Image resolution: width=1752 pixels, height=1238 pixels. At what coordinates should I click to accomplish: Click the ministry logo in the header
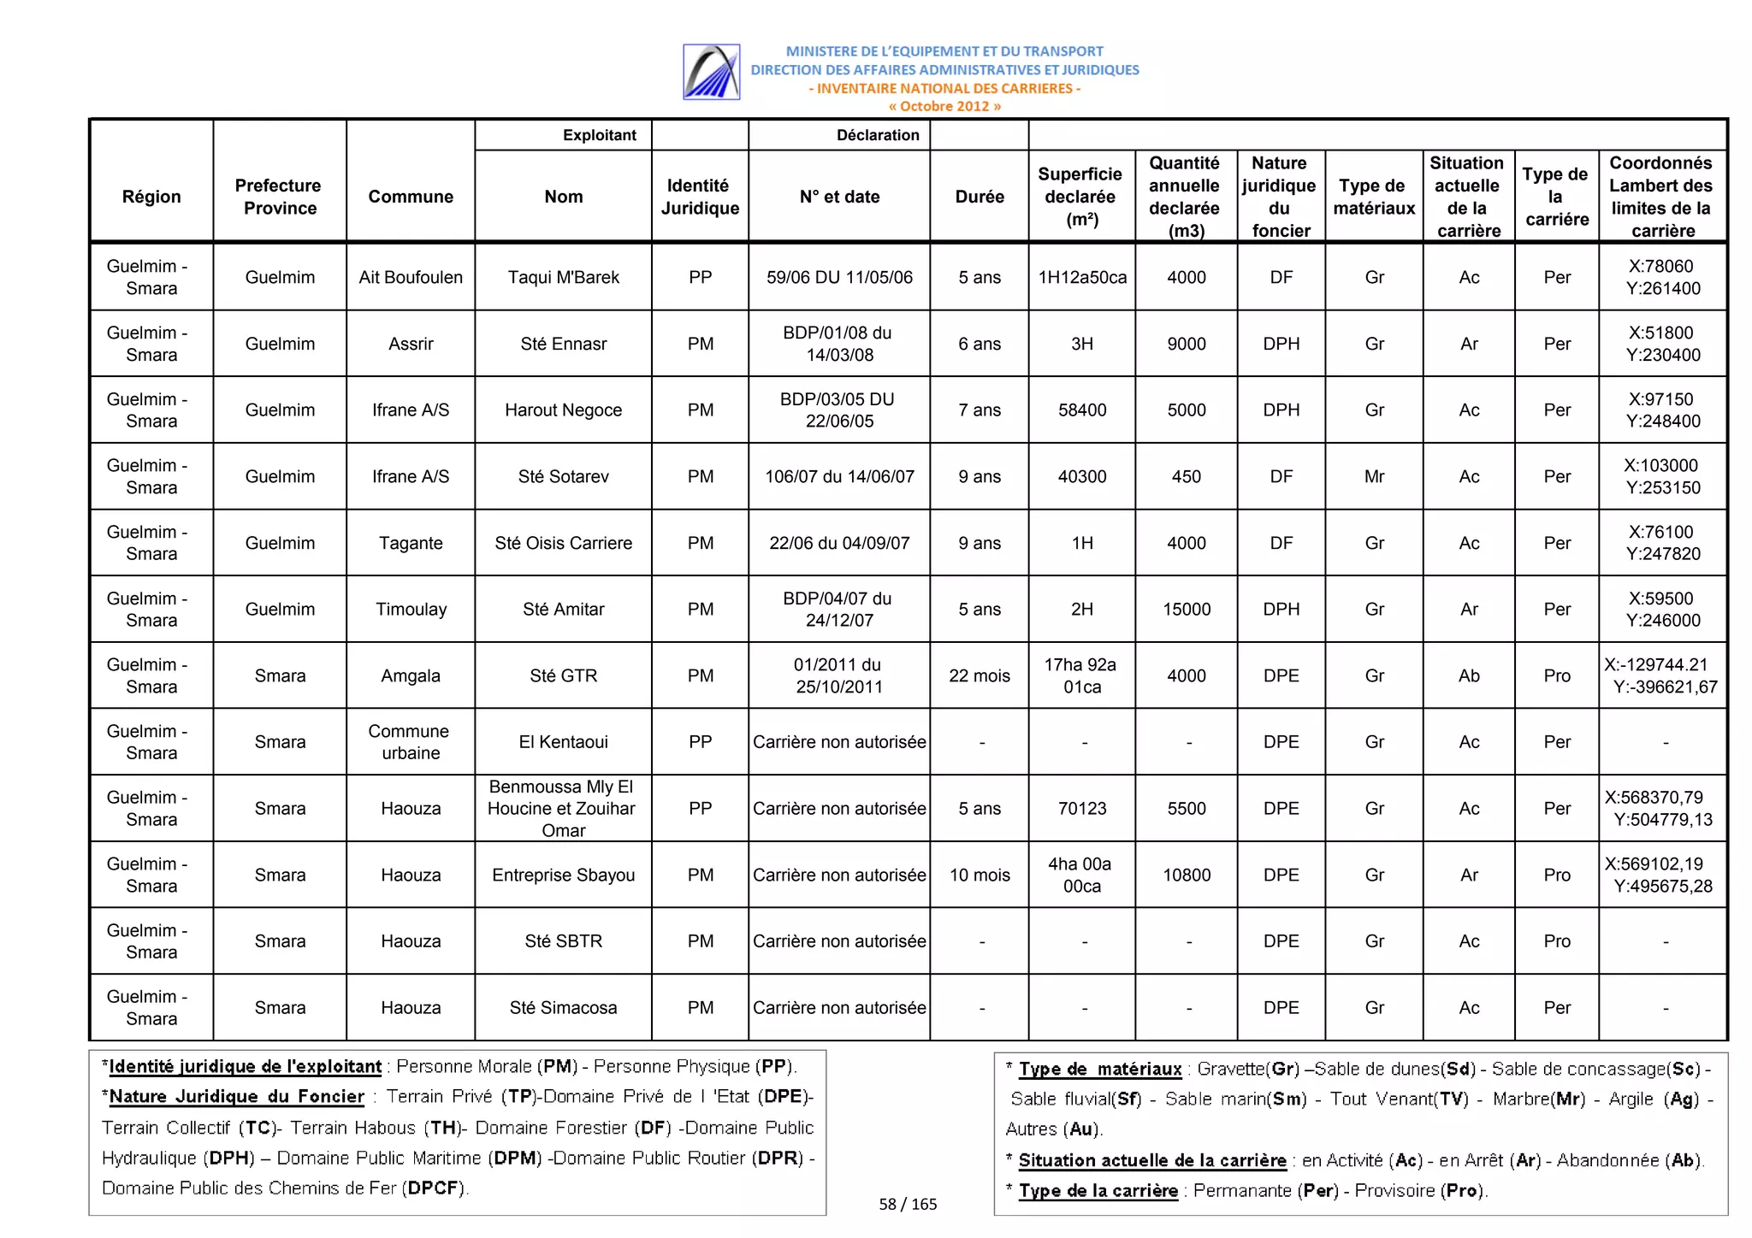click(x=711, y=72)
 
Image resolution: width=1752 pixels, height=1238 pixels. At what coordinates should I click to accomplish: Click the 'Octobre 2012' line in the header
click(x=944, y=107)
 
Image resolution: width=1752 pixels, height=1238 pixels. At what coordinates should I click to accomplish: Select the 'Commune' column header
click(x=411, y=197)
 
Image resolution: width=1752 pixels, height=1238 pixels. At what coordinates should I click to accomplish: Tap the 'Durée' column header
click(x=980, y=197)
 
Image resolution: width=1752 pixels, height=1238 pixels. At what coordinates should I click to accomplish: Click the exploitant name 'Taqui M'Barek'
click(x=563, y=277)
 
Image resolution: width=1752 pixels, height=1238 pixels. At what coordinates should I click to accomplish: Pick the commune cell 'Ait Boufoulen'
click(x=411, y=277)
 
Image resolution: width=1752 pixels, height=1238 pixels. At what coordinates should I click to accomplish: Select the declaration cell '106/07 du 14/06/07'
click(x=839, y=476)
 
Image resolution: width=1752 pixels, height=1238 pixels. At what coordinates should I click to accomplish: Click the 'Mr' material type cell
click(x=1374, y=476)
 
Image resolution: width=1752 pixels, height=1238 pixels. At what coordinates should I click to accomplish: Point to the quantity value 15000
click(x=1187, y=609)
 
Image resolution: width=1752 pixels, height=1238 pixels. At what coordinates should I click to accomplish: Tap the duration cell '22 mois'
click(x=980, y=675)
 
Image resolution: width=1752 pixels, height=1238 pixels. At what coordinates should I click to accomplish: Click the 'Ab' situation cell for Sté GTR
click(x=1469, y=675)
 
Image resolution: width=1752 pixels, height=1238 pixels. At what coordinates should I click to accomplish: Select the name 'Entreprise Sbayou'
click(x=563, y=875)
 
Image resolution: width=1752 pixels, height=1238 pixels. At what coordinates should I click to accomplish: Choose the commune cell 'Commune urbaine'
click(x=411, y=742)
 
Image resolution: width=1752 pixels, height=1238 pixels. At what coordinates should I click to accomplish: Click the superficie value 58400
click(x=1082, y=410)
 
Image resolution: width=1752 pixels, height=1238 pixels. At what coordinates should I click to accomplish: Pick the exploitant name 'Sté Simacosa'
click(x=563, y=1007)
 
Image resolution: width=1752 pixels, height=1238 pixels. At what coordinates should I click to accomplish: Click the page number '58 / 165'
click(x=908, y=1204)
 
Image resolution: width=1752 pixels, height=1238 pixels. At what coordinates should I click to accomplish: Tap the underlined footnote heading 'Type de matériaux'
click(x=1099, y=1069)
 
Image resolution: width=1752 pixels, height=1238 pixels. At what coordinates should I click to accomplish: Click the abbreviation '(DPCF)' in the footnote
click(x=434, y=1188)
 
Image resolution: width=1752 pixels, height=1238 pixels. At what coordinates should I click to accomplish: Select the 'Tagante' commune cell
click(x=411, y=543)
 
